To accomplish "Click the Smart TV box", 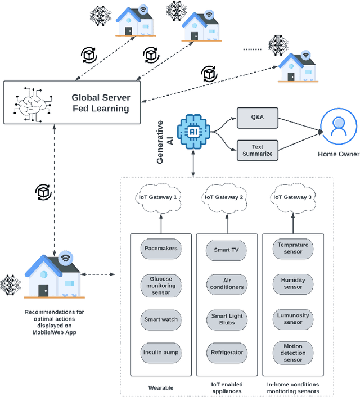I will [227, 250].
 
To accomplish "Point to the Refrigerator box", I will [227, 353].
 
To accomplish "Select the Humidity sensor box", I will [292, 282].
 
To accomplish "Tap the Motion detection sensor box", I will [292, 353].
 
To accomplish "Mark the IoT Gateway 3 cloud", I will [292, 197].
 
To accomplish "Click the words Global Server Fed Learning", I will [100, 102].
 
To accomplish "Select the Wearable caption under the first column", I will [161, 387].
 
